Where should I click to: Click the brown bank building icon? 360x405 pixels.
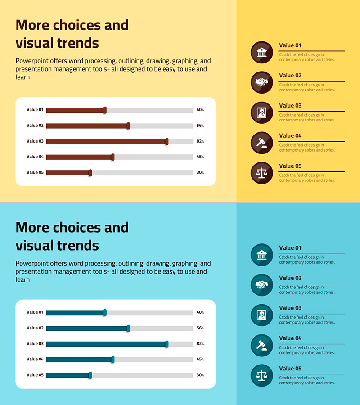(261, 53)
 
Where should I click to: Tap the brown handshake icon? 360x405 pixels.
(261, 82)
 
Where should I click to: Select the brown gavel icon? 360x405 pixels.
(261, 143)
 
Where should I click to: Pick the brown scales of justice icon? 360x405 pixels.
(261, 173)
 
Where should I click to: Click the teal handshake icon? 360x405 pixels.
(261, 285)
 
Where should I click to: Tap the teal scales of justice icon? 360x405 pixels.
(261, 375)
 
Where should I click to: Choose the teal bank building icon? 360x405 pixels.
(261, 255)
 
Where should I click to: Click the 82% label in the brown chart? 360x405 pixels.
(200, 141)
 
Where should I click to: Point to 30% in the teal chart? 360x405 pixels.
(200, 375)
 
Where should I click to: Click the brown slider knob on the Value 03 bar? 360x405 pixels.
(166, 141)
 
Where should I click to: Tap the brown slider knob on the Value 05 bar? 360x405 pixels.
(90, 172)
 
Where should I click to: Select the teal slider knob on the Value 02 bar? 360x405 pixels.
(128, 328)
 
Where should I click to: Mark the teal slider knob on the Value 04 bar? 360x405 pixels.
(112, 359)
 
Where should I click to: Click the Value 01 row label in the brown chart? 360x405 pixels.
(35, 110)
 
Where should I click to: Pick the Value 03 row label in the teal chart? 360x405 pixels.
(35, 344)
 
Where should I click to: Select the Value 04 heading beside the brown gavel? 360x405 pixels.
(290, 135)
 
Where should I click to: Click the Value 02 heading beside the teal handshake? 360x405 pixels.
(290, 278)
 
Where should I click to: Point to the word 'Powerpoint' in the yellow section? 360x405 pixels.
(32, 61)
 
